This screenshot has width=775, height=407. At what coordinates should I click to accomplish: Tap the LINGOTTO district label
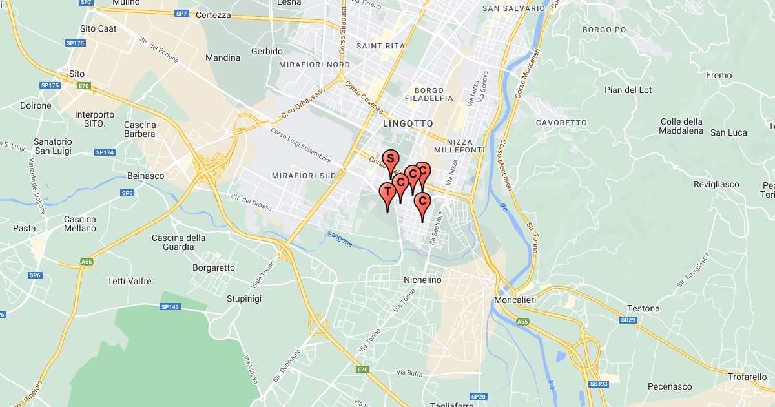(408, 123)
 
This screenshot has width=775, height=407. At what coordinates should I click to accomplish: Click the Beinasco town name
(145, 176)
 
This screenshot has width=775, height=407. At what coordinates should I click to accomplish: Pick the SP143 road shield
(170, 306)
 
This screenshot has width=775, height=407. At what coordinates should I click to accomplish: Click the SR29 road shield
(627, 320)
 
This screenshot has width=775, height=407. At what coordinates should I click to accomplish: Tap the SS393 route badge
(599, 384)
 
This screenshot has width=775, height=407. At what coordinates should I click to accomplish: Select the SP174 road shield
(105, 152)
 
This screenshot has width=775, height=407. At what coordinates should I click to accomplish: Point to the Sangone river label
(340, 239)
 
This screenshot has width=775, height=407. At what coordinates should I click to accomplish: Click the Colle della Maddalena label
(681, 126)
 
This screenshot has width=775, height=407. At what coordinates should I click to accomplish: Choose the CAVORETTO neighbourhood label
(561, 123)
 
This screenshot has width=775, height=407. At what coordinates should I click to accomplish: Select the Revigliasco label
(716, 185)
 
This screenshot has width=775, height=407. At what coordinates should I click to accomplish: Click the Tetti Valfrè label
(130, 281)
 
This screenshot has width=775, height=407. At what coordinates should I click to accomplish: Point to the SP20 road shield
(478, 396)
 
